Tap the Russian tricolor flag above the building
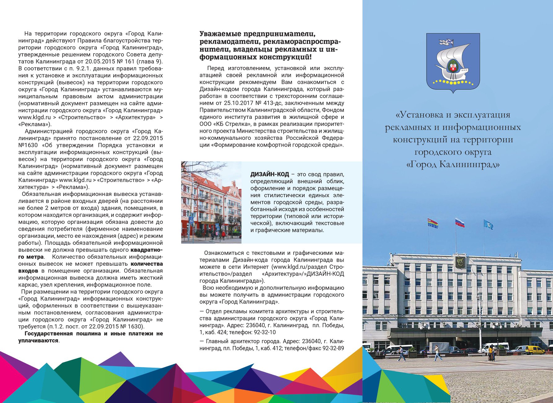point(460,223)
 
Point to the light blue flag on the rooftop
point(488,224)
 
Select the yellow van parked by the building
point(534,350)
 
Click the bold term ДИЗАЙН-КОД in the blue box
point(269,175)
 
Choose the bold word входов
point(28,271)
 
